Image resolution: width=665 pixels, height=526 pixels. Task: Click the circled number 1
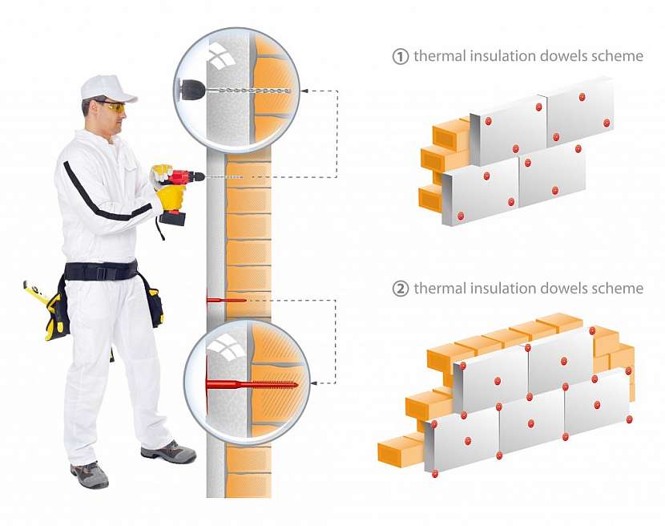tap(400, 56)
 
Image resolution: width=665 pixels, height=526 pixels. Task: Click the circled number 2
tap(400, 289)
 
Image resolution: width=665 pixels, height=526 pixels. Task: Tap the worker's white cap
tap(107, 88)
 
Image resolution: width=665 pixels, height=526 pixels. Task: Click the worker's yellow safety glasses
tap(113, 107)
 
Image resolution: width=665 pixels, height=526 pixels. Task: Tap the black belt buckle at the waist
tap(101, 271)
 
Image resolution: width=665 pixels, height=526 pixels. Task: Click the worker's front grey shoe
tap(170, 451)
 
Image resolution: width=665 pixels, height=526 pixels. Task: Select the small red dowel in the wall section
tap(226, 300)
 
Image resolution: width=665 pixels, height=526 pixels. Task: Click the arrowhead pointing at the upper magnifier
tap(304, 91)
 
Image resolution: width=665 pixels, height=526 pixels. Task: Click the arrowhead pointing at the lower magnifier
tap(314, 383)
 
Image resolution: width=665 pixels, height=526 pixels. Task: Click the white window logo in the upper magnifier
tap(221, 55)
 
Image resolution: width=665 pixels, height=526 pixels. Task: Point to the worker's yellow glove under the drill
tap(171, 197)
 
